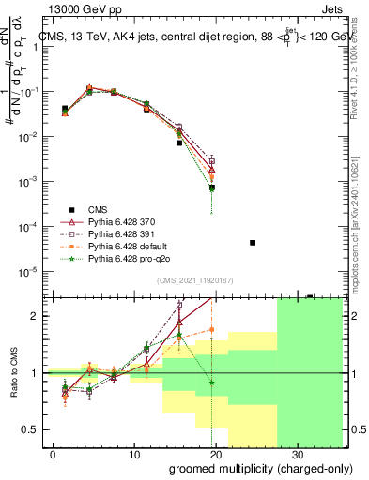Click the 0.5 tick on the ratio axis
pos(32,429)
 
